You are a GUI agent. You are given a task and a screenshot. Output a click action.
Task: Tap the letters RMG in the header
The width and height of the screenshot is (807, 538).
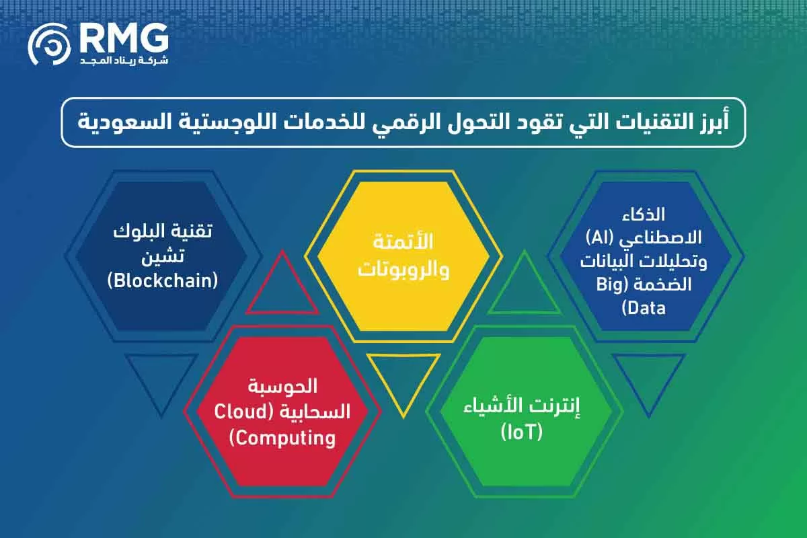point(123,40)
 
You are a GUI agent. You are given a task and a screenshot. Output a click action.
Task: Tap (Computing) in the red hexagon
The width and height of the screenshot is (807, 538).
point(282,438)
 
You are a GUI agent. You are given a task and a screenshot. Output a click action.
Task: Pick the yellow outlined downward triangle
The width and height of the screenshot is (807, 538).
point(403,380)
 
